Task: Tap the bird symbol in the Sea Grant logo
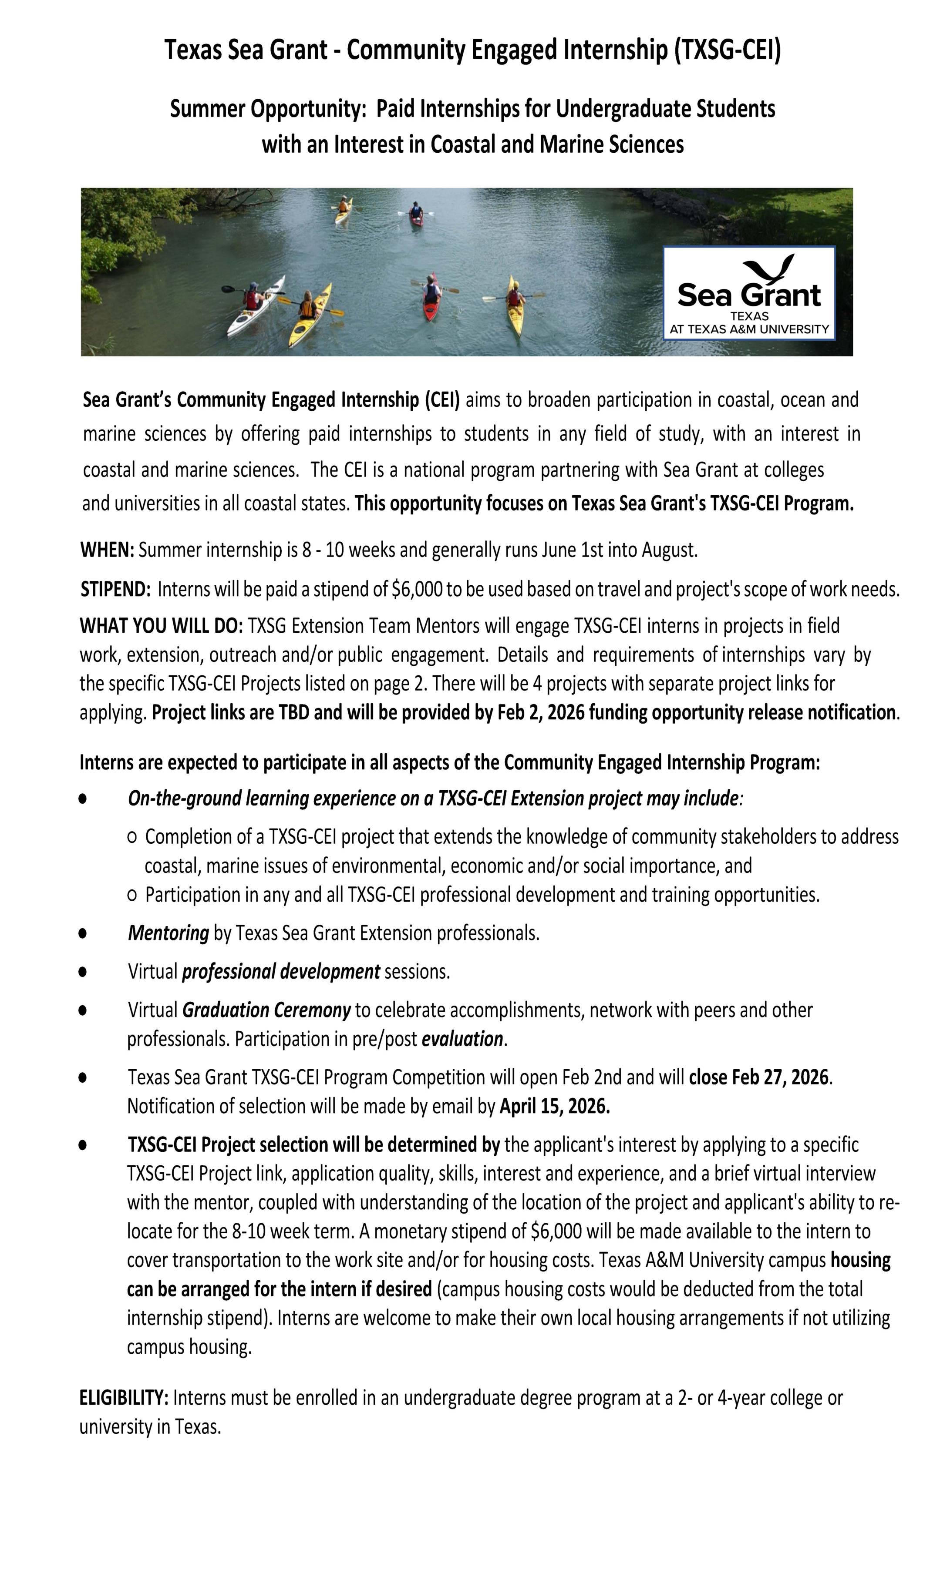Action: [769, 268]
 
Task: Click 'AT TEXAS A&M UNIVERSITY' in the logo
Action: [749, 329]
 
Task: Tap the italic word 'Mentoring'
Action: [168, 933]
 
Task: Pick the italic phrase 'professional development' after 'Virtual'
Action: [280, 971]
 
